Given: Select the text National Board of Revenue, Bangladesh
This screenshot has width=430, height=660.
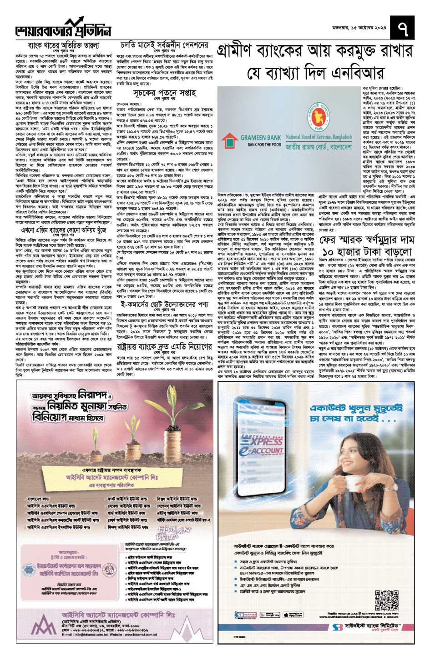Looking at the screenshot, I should click(319, 136).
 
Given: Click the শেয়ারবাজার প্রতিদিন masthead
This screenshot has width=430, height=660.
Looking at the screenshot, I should click(64, 30).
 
